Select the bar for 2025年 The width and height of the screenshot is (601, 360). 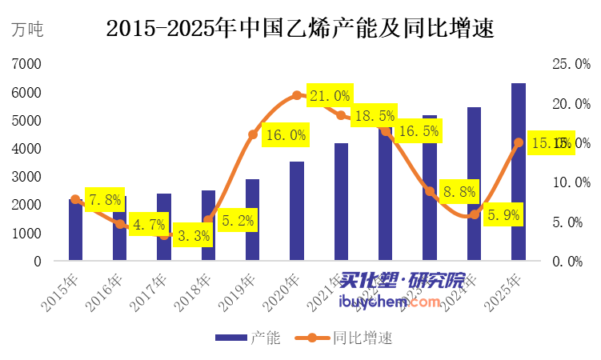pyautogui.click(x=519, y=172)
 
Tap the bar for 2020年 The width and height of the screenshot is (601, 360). pyautogui.click(x=297, y=211)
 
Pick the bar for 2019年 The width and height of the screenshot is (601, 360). pyautogui.click(x=253, y=220)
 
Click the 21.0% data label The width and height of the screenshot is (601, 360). pyautogui.click(x=330, y=96)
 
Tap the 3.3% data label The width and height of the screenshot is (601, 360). pyautogui.click(x=192, y=235)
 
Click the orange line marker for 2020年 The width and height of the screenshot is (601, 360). pyautogui.click(x=297, y=95)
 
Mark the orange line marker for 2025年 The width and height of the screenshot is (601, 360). pyautogui.click(x=519, y=142)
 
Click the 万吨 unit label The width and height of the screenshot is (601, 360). pyautogui.click(x=27, y=30)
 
